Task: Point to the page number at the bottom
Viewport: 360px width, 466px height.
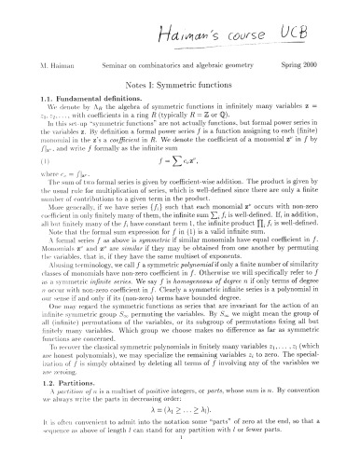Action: pyautogui.click(x=179, y=459)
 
